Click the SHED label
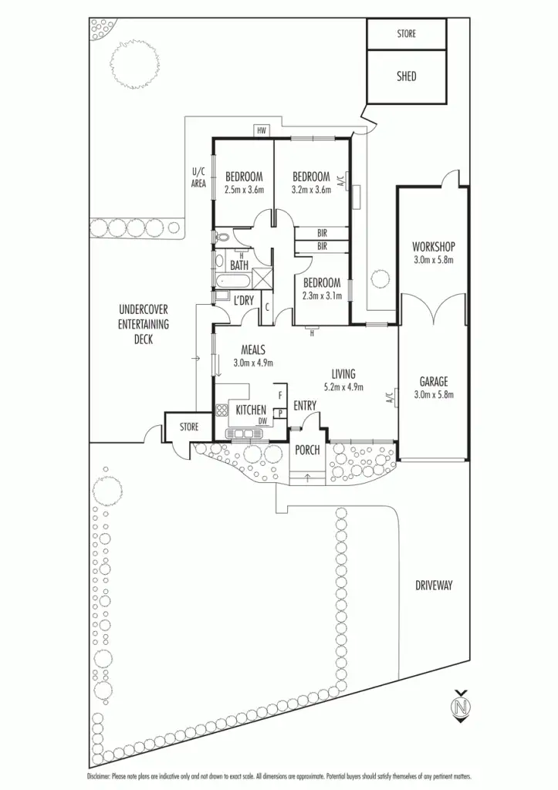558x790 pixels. (406, 76)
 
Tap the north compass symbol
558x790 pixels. (462, 706)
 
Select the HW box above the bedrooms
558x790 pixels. (262, 131)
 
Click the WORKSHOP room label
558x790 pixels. (433, 247)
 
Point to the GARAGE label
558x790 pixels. (433, 381)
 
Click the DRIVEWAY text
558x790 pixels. (433, 586)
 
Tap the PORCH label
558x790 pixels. (307, 450)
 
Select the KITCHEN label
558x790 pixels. (251, 410)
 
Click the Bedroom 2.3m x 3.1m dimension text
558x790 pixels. (322, 295)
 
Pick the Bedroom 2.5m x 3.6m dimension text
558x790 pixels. (244, 189)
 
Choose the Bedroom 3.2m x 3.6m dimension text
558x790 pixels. (311, 189)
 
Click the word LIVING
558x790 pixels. (343, 374)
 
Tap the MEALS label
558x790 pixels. (253, 349)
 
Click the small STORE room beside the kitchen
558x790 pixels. (189, 427)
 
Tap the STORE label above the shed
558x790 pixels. (406, 34)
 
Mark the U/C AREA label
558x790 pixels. (198, 177)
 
